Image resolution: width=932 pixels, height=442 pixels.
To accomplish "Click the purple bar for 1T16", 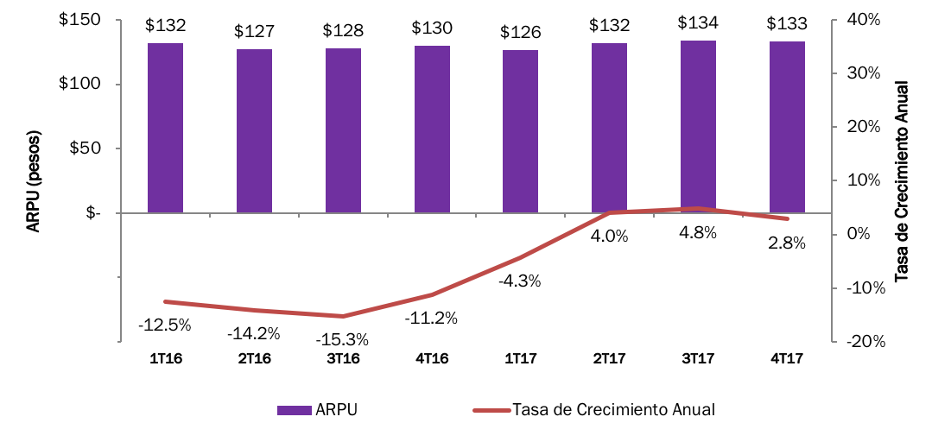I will pos(165,128).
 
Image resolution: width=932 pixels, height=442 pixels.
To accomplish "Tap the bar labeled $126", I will pos(520,131).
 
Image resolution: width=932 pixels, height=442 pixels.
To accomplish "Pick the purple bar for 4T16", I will pos(432,129).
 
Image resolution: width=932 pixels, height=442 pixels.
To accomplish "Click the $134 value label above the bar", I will pos(698,22).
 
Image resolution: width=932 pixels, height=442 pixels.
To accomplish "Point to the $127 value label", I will pos(254,32).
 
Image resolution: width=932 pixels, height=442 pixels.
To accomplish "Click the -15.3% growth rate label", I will pos(343,339).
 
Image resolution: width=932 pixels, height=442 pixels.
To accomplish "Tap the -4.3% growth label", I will pos(520,281).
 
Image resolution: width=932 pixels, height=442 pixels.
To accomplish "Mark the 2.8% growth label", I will pos(786,243).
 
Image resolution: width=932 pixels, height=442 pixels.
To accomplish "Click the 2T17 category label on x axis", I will pos(609,358).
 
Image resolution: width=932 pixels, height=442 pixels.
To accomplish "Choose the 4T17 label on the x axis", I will pos(786,358).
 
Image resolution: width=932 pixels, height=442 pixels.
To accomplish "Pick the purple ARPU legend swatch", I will pos(295,410).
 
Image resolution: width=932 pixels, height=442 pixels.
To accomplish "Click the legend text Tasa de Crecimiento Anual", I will pos(613,410).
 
